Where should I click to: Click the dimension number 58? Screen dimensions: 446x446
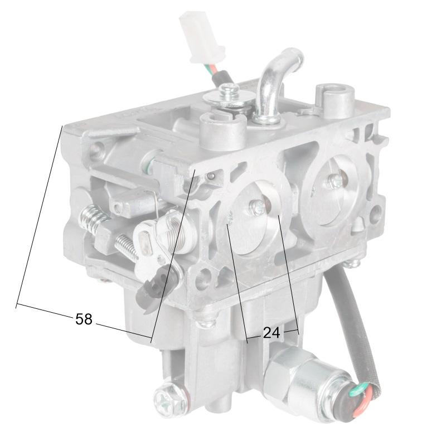pyautogui.click(x=84, y=319)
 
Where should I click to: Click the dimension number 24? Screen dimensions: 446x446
pyautogui.click(x=271, y=333)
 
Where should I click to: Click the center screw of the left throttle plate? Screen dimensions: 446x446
pyautogui.click(x=258, y=207)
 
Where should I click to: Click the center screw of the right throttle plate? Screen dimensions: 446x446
pyautogui.click(x=334, y=181)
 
